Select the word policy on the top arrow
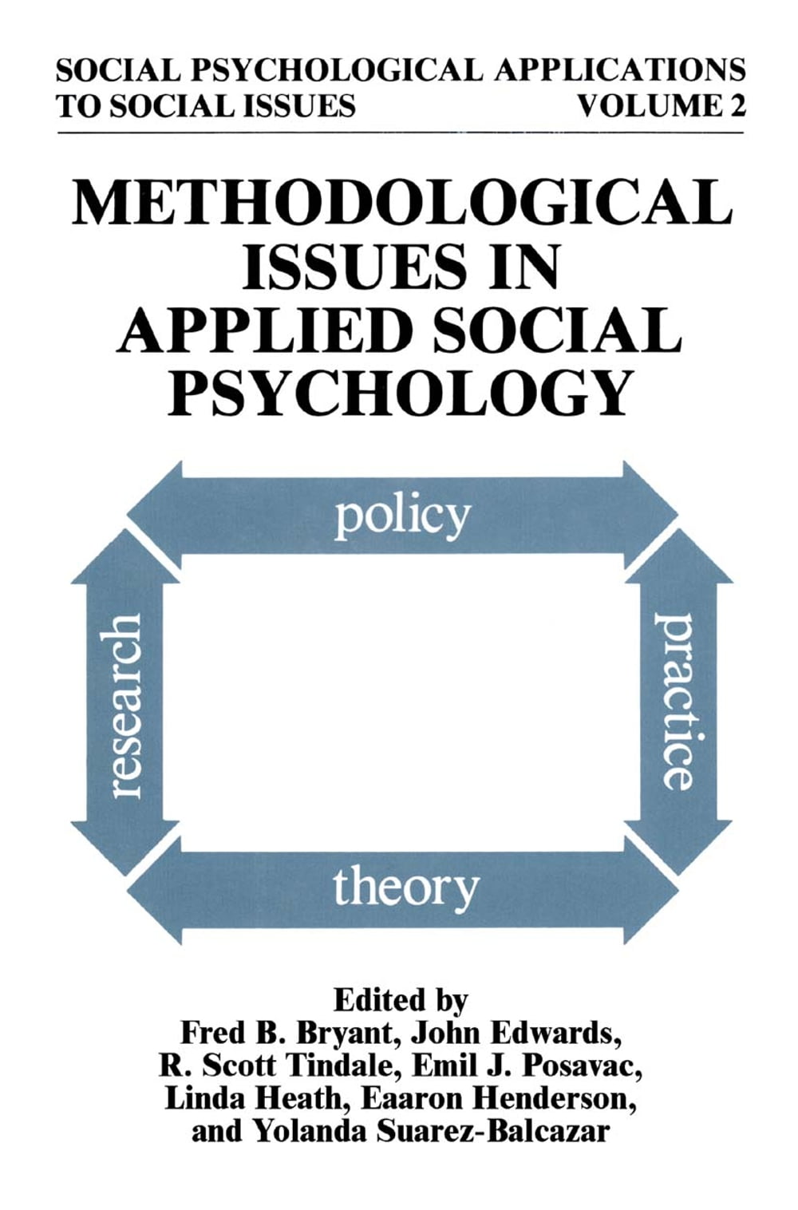(x=401, y=517)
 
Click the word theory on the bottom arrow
(x=405, y=888)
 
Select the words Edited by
(x=401, y=999)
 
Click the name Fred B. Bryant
(x=287, y=1033)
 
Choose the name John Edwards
(x=516, y=1033)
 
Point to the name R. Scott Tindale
(x=275, y=1066)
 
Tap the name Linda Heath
(x=253, y=1099)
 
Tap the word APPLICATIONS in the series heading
(x=619, y=70)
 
